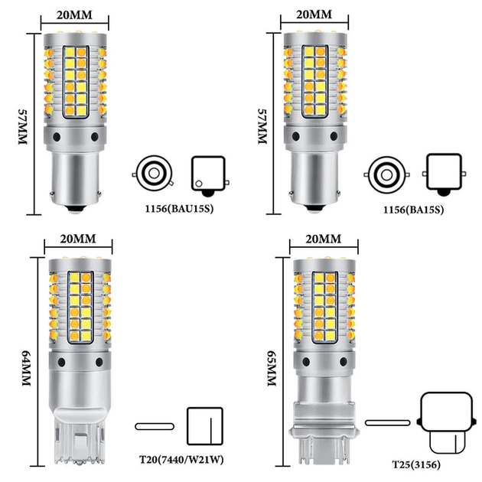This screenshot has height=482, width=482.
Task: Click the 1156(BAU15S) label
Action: (179, 209)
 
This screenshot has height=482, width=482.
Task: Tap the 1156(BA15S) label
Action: (413, 210)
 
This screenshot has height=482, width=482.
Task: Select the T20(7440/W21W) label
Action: (181, 460)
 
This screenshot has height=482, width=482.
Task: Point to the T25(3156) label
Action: (416, 464)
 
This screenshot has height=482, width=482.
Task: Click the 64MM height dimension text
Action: (27, 368)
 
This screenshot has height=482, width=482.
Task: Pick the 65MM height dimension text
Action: (272, 368)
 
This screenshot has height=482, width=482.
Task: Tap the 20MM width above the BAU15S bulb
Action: (74, 15)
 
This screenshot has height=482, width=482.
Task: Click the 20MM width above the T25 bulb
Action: (324, 239)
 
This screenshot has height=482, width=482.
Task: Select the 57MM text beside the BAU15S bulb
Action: (23, 126)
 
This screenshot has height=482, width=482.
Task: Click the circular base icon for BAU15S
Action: (153, 174)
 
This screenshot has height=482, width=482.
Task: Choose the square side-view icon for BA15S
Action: (445, 174)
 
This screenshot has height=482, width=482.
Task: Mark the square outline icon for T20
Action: (205, 426)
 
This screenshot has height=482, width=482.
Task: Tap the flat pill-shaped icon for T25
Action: (387, 423)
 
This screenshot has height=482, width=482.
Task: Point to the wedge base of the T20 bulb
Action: (80, 435)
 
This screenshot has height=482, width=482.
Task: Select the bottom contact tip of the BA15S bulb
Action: (315, 209)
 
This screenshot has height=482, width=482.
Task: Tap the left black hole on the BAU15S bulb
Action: (57, 137)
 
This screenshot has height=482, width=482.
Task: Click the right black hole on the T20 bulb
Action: (99, 362)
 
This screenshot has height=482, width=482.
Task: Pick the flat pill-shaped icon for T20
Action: (155, 426)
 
